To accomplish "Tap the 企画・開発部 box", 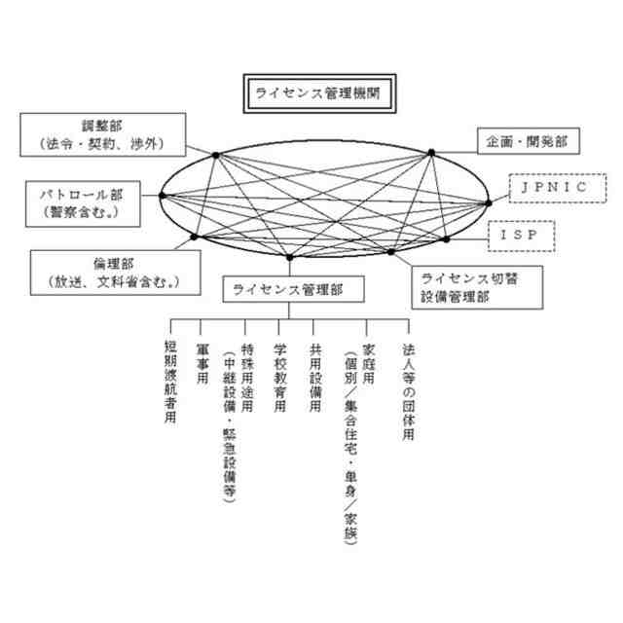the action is pos(526,141).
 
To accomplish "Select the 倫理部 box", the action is pos(109,272).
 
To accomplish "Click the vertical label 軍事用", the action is pos(202,362).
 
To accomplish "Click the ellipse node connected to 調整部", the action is pos(216,154).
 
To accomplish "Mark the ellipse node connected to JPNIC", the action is pos(488,203).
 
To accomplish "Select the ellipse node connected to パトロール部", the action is pos(163,196).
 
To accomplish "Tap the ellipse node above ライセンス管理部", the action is pos(289,257).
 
